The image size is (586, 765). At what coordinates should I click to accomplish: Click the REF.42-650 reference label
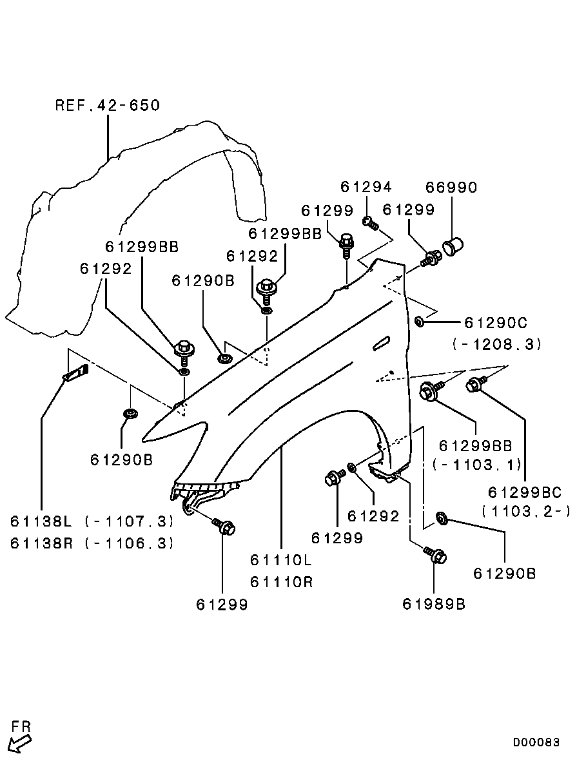click(x=107, y=105)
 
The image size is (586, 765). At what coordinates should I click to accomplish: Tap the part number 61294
click(x=366, y=187)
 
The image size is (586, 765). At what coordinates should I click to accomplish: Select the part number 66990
click(x=451, y=187)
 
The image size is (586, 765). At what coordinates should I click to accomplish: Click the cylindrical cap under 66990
click(x=454, y=246)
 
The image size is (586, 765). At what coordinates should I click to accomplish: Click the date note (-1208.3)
click(x=497, y=344)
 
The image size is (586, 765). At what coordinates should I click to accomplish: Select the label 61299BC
click(x=525, y=492)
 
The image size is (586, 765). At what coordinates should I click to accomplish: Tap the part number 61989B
click(x=434, y=604)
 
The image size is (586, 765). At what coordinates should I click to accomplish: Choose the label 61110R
click(x=281, y=582)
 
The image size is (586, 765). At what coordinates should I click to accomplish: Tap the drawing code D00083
click(x=536, y=742)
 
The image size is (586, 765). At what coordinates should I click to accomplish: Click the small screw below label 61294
click(x=370, y=224)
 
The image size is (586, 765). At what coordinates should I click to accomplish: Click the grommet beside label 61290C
click(x=420, y=320)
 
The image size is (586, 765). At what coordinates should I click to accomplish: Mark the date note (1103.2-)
click(x=526, y=511)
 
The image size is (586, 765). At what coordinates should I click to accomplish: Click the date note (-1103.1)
click(x=476, y=463)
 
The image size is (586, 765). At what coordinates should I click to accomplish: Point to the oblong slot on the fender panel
click(x=381, y=343)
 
